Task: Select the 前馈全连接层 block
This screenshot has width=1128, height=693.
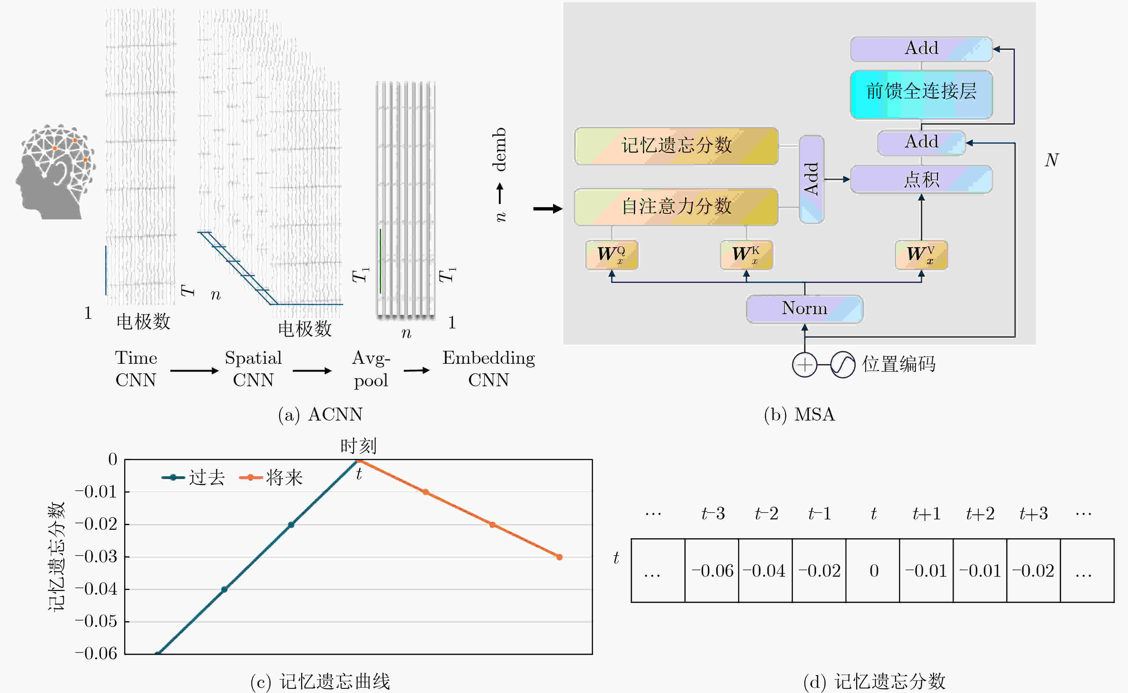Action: pyautogui.click(x=921, y=94)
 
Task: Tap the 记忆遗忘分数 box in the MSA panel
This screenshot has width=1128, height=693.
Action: pyautogui.click(x=676, y=146)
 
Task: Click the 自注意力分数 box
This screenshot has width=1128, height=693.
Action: pyautogui.click(x=676, y=207)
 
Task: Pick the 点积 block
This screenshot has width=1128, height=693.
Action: pyautogui.click(x=921, y=179)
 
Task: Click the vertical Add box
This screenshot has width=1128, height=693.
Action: pyautogui.click(x=811, y=179)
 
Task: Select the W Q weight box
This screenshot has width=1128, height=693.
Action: pyautogui.click(x=612, y=255)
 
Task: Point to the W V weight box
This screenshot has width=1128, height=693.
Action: pyautogui.click(x=921, y=255)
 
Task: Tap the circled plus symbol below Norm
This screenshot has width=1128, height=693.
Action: pyautogui.click(x=804, y=365)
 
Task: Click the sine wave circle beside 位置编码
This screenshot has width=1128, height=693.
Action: pyautogui.click(x=843, y=365)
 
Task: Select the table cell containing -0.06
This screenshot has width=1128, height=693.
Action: pyautogui.click(x=712, y=571)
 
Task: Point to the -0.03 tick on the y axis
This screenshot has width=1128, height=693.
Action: pyautogui.click(x=96, y=557)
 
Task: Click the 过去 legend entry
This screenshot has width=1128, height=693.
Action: pyautogui.click(x=193, y=478)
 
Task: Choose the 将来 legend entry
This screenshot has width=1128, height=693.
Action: pyautogui.click(x=271, y=478)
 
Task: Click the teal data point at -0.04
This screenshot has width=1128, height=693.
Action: pyautogui.click(x=224, y=589)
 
